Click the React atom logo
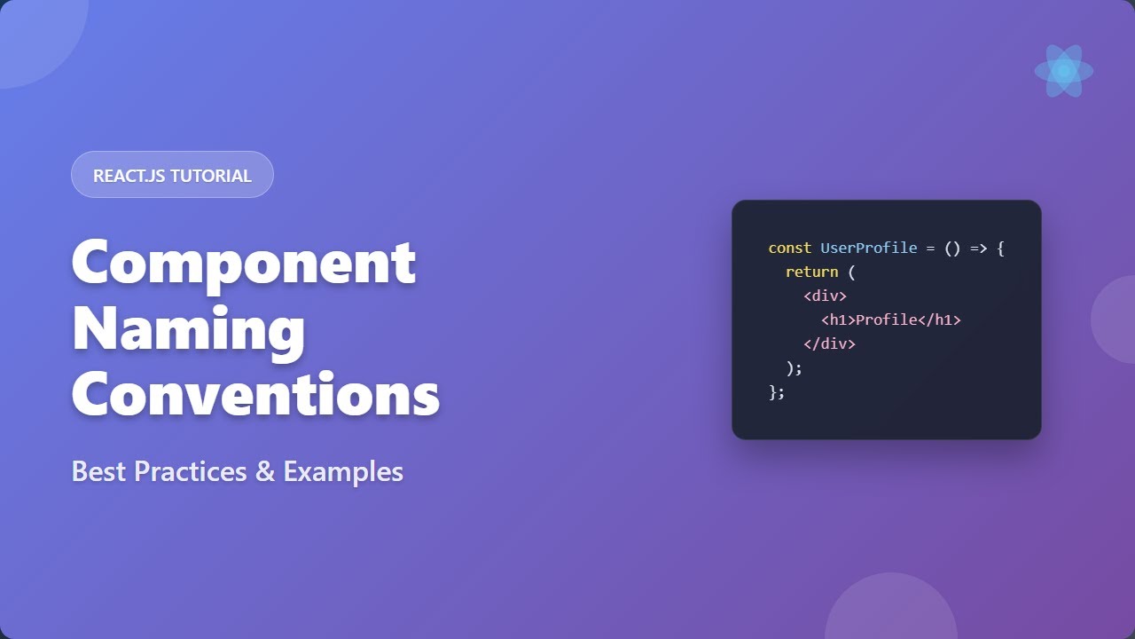1063,71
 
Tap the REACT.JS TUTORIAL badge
172,175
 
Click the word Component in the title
243,263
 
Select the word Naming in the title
188,328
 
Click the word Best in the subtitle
99,471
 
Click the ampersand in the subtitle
265,472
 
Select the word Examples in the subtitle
343,472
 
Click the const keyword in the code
789,248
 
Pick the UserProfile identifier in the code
868,248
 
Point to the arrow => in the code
978,248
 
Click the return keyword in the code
811,272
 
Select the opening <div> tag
825,296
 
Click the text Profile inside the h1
886,320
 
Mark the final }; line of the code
777,392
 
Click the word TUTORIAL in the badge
211,176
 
